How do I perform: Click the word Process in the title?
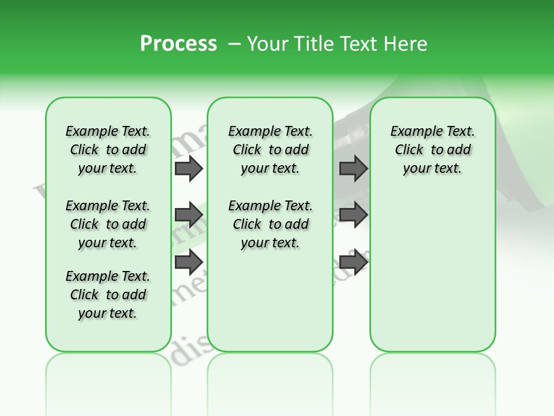[x=178, y=43]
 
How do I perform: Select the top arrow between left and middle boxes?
[x=189, y=168]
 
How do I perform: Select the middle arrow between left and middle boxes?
[x=189, y=215]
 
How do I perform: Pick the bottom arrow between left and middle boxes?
[x=189, y=262]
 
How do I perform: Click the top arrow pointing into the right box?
[x=353, y=168]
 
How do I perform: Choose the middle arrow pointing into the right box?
[x=353, y=215]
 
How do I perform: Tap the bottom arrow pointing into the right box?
[x=353, y=262]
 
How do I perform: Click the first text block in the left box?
[x=108, y=150]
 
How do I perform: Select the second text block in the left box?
[x=108, y=224]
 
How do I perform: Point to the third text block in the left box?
[x=108, y=295]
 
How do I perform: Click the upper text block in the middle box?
[x=270, y=150]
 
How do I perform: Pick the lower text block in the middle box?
[x=270, y=224]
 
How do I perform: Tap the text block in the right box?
[x=432, y=150]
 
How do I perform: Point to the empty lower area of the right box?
[x=432, y=272]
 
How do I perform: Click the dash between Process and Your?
[x=234, y=44]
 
